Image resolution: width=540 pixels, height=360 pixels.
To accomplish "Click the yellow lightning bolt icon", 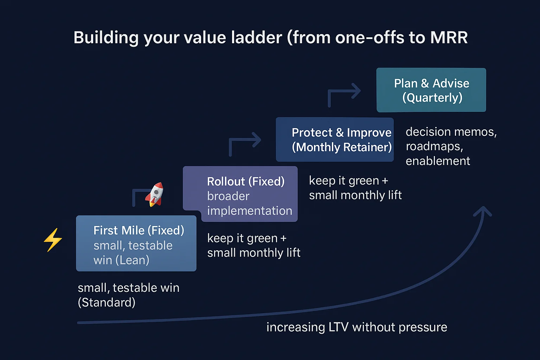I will click(x=53, y=240).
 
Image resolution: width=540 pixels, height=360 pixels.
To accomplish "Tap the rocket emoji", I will click(x=155, y=194).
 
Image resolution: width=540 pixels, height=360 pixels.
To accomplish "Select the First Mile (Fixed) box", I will click(x=136, y=243).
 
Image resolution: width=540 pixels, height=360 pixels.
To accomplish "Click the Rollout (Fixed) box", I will click(x=240, y=194).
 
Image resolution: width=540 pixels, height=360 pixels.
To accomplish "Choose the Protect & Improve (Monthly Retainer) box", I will click(x=334, y=140).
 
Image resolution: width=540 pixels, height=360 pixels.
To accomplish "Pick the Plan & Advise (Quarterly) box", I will click(x=431, y=90).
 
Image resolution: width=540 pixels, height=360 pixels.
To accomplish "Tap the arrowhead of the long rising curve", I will click(x=483, y=211).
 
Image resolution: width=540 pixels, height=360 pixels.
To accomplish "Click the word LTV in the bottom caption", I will click(x=338, y=327).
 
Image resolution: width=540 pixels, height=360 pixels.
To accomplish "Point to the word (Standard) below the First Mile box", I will click(x=107, y=302).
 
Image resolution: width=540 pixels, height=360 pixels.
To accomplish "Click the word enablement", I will click(x=438, y=161).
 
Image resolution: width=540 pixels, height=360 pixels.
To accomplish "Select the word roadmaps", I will click(x=434, y=146).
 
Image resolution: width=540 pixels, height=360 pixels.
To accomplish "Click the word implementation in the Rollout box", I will click(x=250, y=211).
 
